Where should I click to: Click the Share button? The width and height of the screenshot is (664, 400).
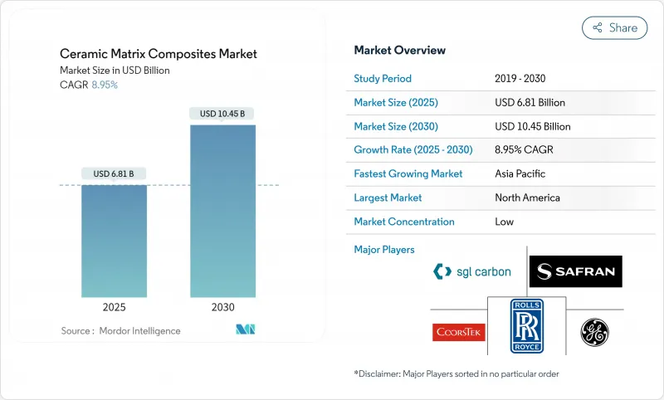point(615,27)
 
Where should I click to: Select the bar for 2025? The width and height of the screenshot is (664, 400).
point(114,241)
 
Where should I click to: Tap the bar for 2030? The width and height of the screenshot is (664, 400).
point(222,212)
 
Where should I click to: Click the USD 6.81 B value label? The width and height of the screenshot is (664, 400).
point(114,173)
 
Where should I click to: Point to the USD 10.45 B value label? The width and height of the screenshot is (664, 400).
point(222,114)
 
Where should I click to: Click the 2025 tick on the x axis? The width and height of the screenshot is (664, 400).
point(114,307)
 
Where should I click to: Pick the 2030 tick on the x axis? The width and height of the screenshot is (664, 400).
point(222,307)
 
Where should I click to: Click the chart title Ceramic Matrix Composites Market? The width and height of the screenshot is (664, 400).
point(159,54)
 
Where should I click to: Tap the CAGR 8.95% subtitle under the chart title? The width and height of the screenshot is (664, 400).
point(89,85)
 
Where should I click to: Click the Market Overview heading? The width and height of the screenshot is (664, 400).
point(399,51)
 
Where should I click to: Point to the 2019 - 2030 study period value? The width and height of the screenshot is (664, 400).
point(521,79)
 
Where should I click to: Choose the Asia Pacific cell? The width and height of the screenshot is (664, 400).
point(520,174)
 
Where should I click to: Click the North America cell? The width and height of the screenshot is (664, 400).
point(526,198)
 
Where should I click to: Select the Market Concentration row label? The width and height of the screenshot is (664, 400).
point(404,222)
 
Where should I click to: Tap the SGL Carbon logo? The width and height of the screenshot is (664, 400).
point(472,271)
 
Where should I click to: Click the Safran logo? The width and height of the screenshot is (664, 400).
point(575,271)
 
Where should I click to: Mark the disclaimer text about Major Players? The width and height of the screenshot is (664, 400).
point(456,374)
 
